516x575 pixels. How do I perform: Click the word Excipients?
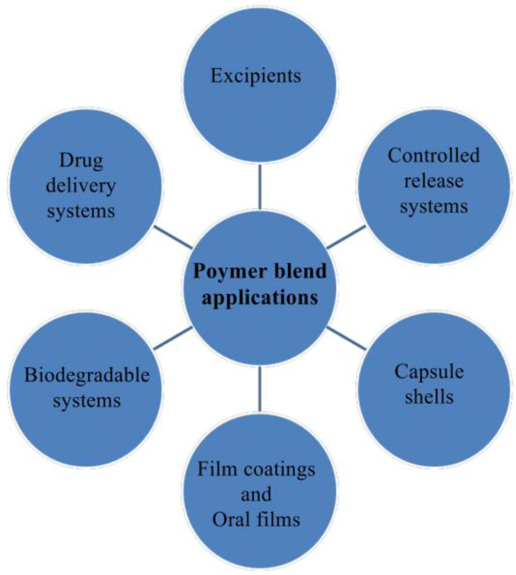[256, 76]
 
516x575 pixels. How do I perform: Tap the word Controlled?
[433, 155]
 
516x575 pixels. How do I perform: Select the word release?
[433, 181]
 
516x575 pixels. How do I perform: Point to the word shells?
[429, 397]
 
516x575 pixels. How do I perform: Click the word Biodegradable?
[87, 375]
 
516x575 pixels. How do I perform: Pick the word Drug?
[81, 160]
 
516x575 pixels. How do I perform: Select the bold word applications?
[260, 297]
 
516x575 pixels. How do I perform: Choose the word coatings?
[279, 470]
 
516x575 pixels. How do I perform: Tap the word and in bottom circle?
[256, 494]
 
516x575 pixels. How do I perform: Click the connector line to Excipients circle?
[260, 187]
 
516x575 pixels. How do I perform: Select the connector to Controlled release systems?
[346, 237]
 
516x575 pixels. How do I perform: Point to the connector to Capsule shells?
[346, 338]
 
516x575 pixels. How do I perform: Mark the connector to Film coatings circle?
[260, 389]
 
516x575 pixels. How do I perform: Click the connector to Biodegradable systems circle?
[173, 338]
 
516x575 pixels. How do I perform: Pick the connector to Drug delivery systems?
[173, 237]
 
